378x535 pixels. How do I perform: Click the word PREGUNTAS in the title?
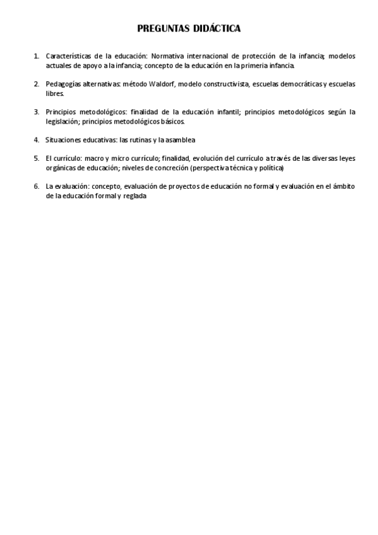pyautogui.click(x=163, y=28)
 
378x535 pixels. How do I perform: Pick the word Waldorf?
pyautogui.click(x=162, y=84)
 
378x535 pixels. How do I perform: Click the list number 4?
pyautogui.click(x=36, y=139)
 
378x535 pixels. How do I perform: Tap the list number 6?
pyautogui.click(x=36, y=187)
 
